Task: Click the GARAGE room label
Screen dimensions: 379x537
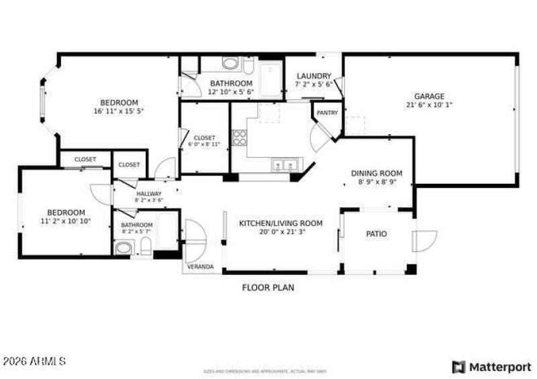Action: coord(428,96)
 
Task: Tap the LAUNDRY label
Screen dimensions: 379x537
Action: coord(314,76)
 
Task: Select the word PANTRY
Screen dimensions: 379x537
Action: coord(327,113)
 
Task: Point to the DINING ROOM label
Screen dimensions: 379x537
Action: coord(377,173)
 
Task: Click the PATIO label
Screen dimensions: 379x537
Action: coord(376,234)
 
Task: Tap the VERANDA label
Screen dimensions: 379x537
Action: coord(200,266)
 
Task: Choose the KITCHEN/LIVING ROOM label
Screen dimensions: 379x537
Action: coord(281,223)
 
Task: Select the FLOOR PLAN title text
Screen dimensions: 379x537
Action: coord(268,288)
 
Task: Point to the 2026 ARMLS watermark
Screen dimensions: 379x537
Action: coord(34,362)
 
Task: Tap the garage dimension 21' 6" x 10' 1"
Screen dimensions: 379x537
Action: coord(430,105)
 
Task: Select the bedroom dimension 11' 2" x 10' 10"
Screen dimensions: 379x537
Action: coord(66,221)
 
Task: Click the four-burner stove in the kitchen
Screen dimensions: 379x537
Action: coord(239,138)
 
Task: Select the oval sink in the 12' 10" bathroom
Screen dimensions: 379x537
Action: coord(230,64)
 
